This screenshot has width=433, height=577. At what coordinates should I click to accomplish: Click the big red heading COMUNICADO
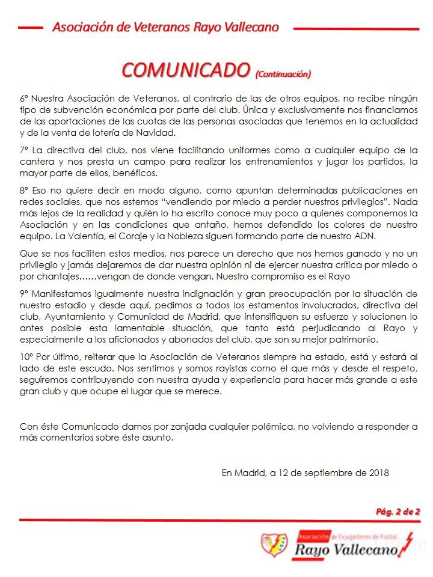pyautogui.click(x=186, y=69)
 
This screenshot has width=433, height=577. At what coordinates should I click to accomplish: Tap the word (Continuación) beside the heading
pyautogui.click(x=283, y=74)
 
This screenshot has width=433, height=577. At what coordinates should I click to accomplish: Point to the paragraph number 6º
pyautogui.click(x=24, y=97)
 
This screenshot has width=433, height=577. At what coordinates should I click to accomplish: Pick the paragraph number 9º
pyautogui.click(x=24, y=293)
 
